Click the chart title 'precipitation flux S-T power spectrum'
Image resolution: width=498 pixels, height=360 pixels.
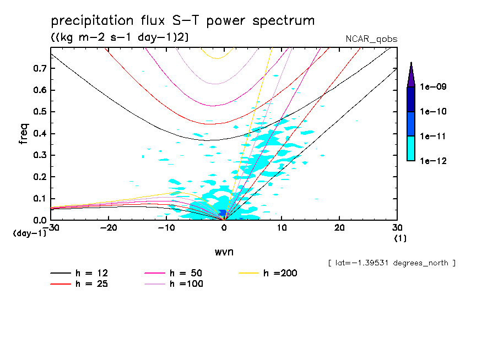click(182, 21)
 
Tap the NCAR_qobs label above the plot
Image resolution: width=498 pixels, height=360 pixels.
click(371, 39)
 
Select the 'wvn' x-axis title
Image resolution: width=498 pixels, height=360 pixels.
click(224, 252)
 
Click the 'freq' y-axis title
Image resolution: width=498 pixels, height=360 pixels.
click(24, 134)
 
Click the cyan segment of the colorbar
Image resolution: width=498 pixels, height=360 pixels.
click(410, 148)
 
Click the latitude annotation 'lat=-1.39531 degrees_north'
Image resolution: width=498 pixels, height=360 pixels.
click(391, 263)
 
